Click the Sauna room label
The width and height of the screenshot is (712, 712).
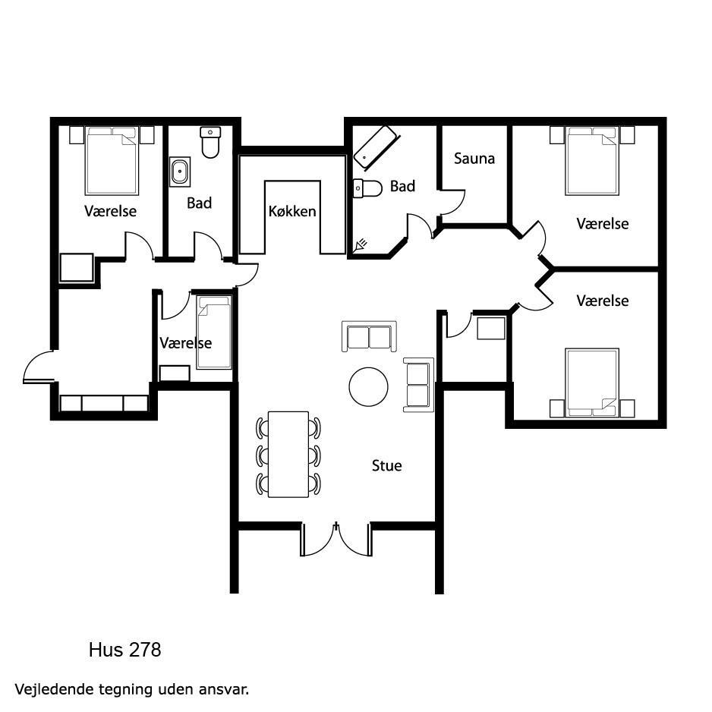click(x=474, y=159)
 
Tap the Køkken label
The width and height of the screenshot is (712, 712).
click(x=292, y=211)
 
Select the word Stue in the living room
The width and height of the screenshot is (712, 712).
click(x=386, y=465)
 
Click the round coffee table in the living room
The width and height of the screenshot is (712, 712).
click(x=368, y=387)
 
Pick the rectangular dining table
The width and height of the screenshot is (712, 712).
click(x=288, y=454)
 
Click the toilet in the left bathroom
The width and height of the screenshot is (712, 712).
click(x=210, y=142)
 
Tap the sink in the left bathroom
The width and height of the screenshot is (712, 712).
click(x=180, y=172)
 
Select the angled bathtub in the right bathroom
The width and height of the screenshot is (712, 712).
click(x=375, y=146)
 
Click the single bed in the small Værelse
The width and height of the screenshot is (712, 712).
click(x=214, y=332)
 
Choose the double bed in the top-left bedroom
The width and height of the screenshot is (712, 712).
click(x=112, y=161)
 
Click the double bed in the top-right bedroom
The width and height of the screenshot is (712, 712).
click(x=592, y=161)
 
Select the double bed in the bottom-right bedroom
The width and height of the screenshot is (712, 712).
click(x=592, y=383)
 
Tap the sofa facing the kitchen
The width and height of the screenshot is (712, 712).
click(x=369, y=336)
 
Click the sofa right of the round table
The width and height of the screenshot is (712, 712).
click(x=418, y=385)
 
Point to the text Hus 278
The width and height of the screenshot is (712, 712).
click(x=125, y=650)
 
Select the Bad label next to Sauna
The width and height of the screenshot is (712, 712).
click(x=402, y=186)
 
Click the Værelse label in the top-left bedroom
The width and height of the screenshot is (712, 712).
click(x=110, y=211)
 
